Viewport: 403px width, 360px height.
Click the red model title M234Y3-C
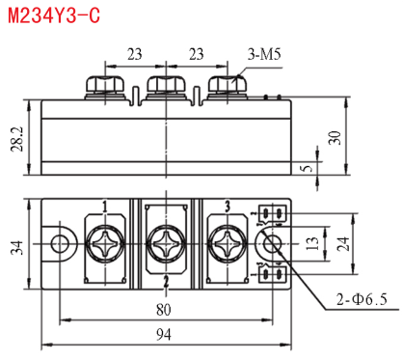click(x=54, y=15)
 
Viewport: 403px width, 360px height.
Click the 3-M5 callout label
click(x=264, y=54)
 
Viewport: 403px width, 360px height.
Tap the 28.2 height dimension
click(x=17, y=139)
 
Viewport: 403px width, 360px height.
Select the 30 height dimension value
click(x=335, y=138)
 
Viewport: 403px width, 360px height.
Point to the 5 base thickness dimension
click(x=308, y=168)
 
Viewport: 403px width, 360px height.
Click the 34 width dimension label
click(x=17, y=247)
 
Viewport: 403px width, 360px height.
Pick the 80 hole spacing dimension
click(x=164, y=310)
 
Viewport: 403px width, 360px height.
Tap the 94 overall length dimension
click(x=164, y=335)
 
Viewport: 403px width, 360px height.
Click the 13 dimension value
click(x=312, y=243)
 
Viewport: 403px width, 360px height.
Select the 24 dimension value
click(x=342, y=244)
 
